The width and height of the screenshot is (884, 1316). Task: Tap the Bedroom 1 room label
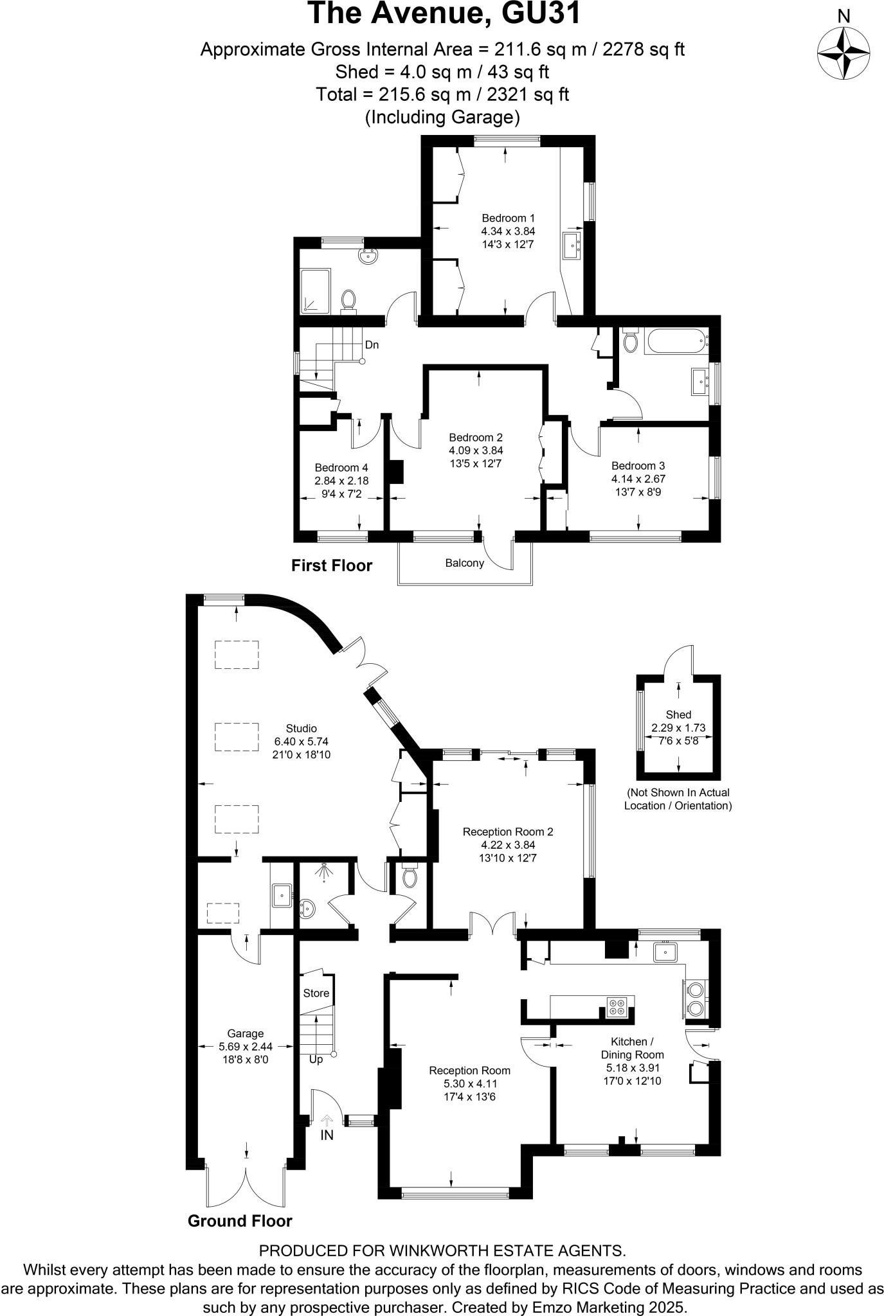(x=508, y=218)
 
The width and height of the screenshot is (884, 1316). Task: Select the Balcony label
(x=464, y=564)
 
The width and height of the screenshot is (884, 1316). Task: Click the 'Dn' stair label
(x=372, y=345)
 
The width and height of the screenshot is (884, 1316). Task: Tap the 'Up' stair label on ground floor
(x=316, y=1059)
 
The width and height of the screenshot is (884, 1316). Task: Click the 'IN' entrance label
(x=327, y=1135)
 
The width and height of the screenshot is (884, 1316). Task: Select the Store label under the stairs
(x=316, y=993)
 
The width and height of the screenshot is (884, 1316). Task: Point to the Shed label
(x=678, y=715)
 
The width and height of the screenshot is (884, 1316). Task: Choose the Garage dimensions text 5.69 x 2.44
(x=245, y=1046)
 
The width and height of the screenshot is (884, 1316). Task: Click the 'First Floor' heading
(x=332, y=565)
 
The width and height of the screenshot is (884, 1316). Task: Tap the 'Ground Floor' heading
(x=240, y=1221)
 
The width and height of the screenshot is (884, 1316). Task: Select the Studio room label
(x=302, y=729)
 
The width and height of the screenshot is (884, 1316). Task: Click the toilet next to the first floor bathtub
(x=630, y=340)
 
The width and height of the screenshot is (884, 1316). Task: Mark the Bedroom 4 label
(x=341, y=468)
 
